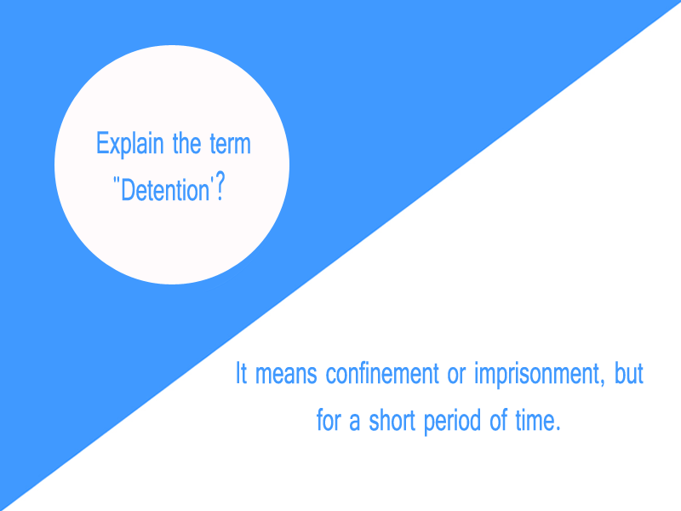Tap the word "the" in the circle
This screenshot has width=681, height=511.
coord(186,143)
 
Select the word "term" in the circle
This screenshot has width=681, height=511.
coord(230,144)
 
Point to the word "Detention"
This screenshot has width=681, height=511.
coord(165,189)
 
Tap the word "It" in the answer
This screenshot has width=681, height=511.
coord(241,375)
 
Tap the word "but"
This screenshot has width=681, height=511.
coord(629,375)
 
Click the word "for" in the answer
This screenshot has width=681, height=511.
coord(328,422)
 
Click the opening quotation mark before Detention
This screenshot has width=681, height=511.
coord(116,182)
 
